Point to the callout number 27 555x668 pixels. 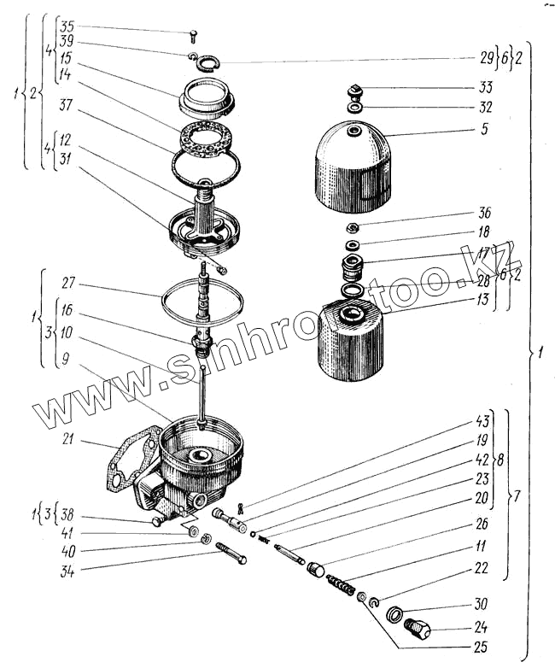click(69, 280)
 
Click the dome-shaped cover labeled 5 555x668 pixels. click(353, 167)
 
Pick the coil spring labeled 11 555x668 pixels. click(342, 587)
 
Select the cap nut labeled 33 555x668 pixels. click(357, 91)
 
